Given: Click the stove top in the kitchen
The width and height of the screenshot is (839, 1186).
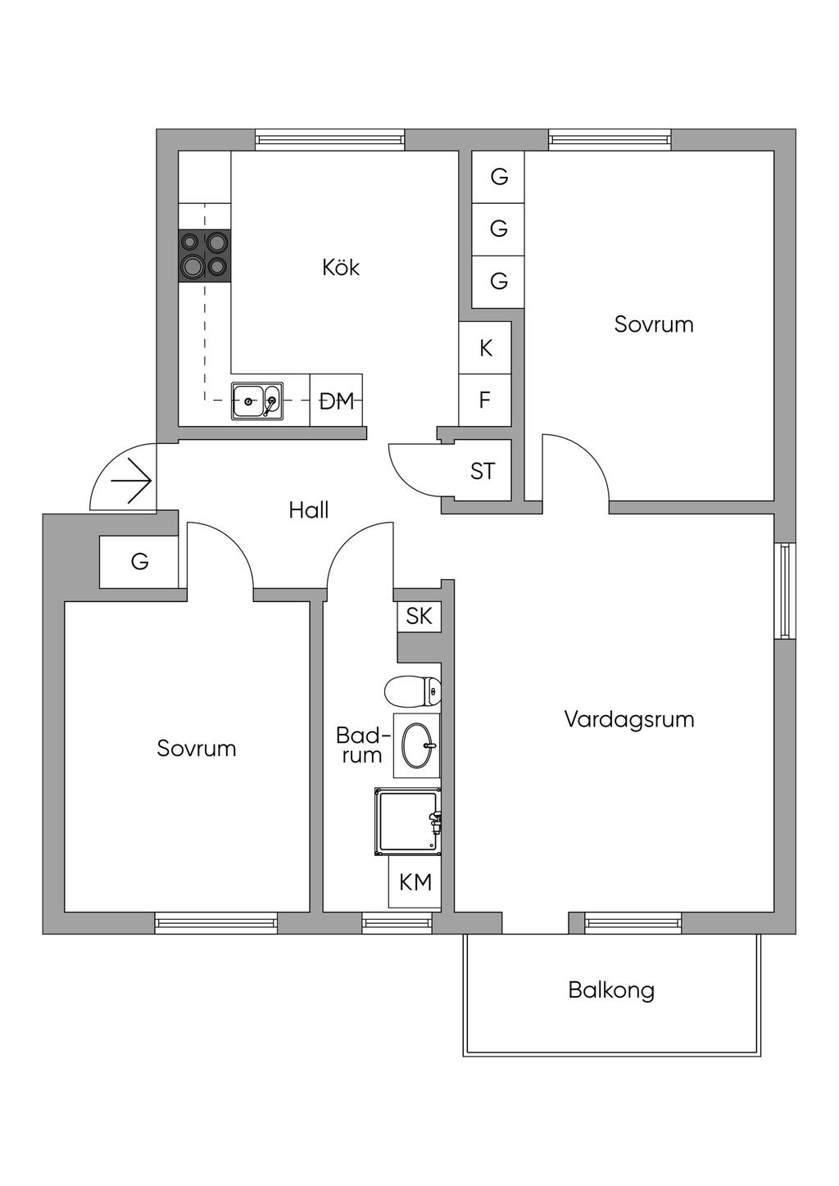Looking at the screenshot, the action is (205, 256).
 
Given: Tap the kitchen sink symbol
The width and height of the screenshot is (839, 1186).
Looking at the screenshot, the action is (257, 401).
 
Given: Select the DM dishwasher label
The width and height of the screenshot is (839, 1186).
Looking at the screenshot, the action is (337, 401).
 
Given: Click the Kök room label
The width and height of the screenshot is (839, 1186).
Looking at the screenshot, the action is (341, 267).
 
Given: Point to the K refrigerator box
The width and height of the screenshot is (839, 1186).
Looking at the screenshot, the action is (485, 347).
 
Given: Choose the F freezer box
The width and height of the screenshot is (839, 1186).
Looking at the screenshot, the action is (485, 400).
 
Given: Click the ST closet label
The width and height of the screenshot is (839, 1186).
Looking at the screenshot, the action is (483, 471).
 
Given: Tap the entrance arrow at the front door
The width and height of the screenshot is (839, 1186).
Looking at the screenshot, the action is (132, 481).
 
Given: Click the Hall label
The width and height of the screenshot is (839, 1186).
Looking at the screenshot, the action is (309, 510).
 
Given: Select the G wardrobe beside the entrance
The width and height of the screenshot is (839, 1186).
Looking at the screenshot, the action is (138, 561).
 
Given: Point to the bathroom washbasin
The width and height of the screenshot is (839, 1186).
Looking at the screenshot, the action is (417, 745).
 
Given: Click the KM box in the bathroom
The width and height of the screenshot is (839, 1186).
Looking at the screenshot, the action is (415, 882).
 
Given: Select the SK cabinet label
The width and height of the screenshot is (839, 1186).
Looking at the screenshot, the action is (419, 616).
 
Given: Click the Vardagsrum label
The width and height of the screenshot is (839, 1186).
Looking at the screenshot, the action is (628, 719).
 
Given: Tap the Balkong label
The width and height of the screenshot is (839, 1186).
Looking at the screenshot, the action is (611, 989).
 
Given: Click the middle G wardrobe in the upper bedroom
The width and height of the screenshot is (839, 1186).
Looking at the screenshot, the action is (498, 229).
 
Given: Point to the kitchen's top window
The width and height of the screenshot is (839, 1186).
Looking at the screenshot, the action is (330, 140).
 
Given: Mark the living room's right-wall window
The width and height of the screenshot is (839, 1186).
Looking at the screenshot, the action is (785, 591).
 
